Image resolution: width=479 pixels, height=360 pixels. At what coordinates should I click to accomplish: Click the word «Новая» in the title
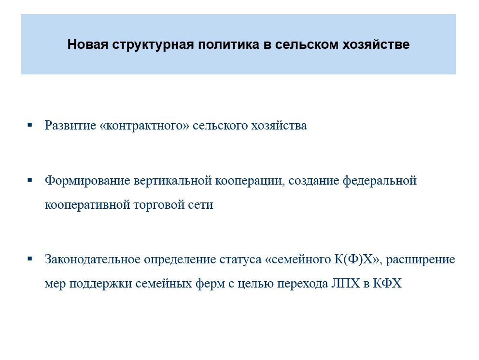point(88,44)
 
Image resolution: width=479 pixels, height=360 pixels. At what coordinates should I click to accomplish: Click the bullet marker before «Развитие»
point(29,125)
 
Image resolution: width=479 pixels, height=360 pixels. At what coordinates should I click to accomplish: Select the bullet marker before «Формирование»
point(29,180)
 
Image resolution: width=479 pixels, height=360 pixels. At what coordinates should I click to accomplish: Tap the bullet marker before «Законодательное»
point(29,259)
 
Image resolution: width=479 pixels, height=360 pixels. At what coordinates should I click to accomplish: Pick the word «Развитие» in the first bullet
point(70,125)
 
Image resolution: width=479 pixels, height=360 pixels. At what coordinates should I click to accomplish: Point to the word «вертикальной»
point(172,181)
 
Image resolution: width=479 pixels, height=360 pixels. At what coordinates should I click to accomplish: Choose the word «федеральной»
point(380,180)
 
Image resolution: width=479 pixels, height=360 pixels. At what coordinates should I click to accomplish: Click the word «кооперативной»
point(88,205)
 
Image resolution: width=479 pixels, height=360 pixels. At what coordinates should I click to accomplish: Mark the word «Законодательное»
point(92,259)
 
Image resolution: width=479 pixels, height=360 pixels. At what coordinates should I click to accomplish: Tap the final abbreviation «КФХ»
point(387,283)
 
